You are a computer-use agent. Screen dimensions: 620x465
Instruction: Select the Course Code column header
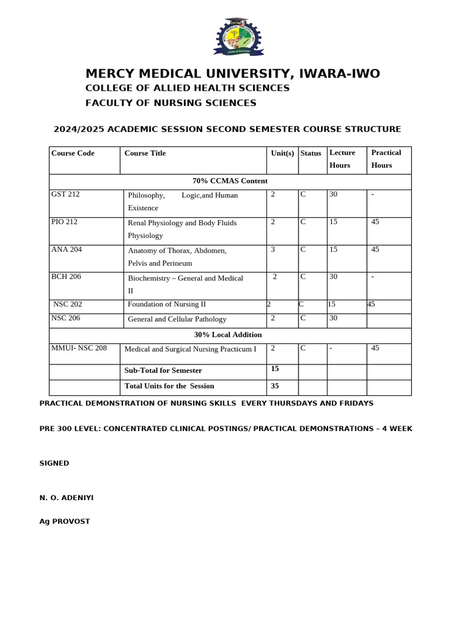73,153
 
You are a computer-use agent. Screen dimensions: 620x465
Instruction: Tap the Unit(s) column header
282,153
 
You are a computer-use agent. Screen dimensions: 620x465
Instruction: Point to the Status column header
311,153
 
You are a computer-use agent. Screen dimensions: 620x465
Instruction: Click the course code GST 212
65,194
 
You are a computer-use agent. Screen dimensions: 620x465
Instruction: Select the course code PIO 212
65,222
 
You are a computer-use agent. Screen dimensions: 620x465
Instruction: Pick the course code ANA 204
66,249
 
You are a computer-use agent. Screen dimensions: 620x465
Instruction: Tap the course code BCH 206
66,277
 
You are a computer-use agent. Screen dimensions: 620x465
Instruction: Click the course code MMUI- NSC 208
79,348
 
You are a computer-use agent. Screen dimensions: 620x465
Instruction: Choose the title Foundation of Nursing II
167,305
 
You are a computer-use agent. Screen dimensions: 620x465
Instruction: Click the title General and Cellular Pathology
177,319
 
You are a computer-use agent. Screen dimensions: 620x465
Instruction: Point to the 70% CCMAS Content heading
229,181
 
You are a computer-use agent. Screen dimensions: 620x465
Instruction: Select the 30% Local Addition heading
228,335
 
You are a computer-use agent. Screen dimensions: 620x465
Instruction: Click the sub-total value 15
275,369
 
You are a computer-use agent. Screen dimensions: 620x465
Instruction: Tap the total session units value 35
275,385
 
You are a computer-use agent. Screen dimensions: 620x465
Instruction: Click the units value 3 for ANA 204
273,249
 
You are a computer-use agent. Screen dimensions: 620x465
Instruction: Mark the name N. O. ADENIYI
67,498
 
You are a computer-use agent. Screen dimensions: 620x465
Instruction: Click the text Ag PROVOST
65,521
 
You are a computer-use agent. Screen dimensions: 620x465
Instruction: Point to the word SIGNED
54,463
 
